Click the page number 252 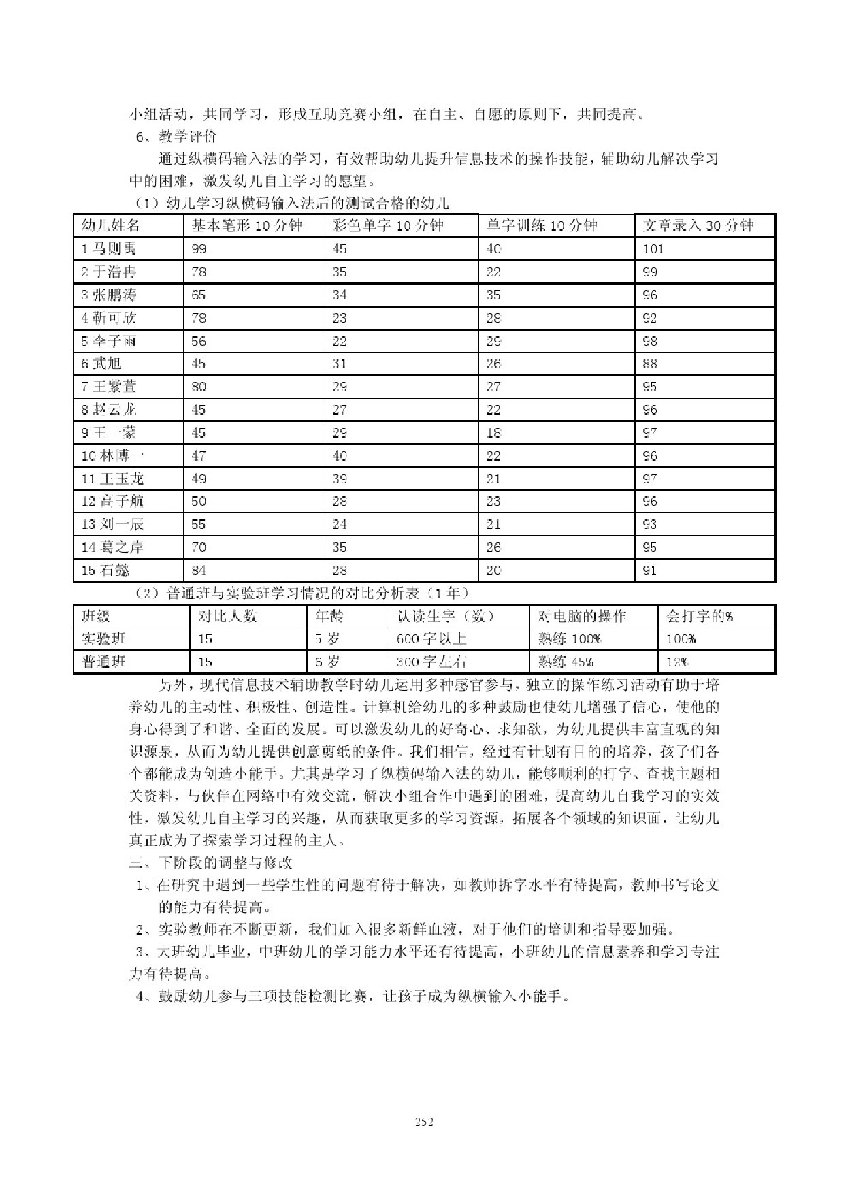(423, 1122)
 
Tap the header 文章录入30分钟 (698, 226)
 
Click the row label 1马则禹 (109, 249)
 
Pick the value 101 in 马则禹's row (653, 249)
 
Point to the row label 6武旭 (101, 364)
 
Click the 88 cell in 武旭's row (650, 364)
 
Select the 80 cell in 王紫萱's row (199, 387)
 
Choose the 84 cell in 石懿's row (199, 570)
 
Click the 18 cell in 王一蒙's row (493, 433)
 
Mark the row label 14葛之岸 (112, 547)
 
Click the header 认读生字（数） (446, 617)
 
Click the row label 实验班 (103, 639)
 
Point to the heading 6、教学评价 (176, 137)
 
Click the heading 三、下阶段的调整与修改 (210, 862)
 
